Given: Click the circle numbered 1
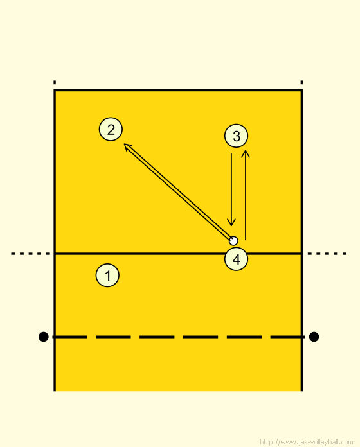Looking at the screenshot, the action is click(107, 276).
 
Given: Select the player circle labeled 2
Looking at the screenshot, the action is click(111, 129).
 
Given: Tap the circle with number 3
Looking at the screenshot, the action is click(236, 136).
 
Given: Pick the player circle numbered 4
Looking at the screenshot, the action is click(236, 259).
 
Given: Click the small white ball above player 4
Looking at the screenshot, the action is click(233, 241).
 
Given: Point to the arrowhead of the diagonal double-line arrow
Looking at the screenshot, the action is click(125, 145).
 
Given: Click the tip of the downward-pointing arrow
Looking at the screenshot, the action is click(231, 226).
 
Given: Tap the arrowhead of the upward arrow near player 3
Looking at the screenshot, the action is click(246, 150).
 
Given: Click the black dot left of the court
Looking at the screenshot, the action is click(43, 337).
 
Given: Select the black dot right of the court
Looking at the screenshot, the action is click(314, 337).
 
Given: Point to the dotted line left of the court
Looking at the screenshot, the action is click(31, 254).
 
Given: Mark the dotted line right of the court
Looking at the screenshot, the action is click(327, 254).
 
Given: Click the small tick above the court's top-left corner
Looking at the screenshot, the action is click(55, 82).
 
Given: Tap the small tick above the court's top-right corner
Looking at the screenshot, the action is click(301, 82).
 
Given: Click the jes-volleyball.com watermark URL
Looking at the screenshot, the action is click(307, 442).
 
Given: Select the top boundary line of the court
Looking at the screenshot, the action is click(178, 91).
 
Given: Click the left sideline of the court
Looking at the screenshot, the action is click(55, 240).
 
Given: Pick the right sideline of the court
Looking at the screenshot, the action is click(301, 240).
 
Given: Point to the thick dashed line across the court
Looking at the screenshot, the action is click(179, 337).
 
